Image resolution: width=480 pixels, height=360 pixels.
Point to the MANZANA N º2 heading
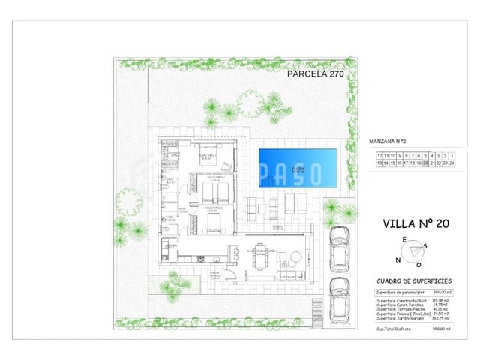(388, 140)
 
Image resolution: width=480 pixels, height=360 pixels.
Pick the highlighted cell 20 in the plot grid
(426, 162)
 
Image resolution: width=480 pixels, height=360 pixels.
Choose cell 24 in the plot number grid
(452, 162)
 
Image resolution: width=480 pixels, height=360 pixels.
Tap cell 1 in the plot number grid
(452, 154)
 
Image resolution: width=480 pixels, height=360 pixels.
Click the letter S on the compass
(424, 246)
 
